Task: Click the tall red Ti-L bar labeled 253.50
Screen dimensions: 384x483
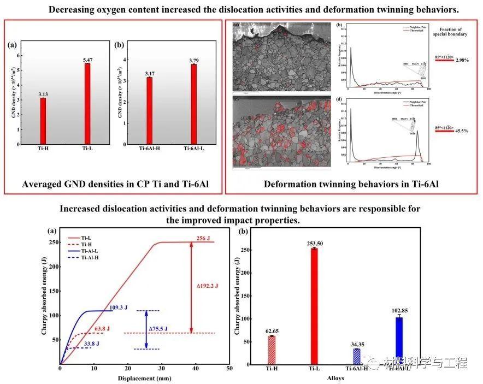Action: (314, 306)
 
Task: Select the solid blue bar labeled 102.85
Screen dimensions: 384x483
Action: (399, 341)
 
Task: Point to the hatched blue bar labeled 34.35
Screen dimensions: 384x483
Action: (357, 357)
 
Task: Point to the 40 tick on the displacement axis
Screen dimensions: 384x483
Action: (195, 369)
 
